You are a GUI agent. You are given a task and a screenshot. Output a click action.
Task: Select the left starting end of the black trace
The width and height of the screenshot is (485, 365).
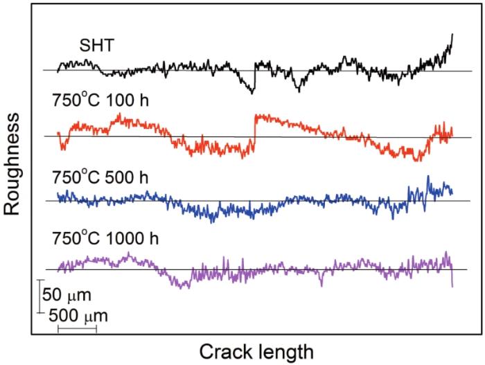click(58, 70)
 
